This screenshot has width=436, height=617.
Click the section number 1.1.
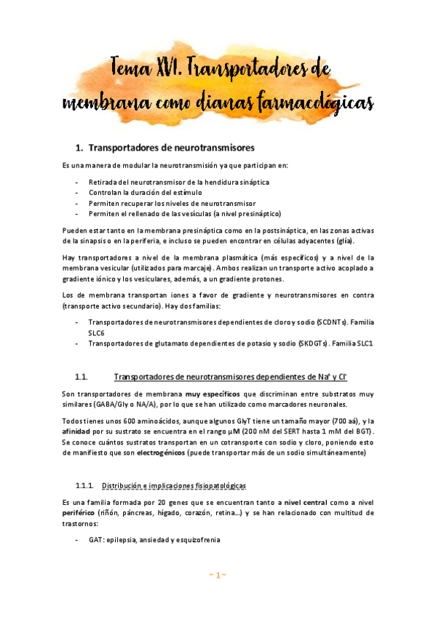[x=82, y=377]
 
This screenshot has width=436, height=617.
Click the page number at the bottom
[x=218, y=576]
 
